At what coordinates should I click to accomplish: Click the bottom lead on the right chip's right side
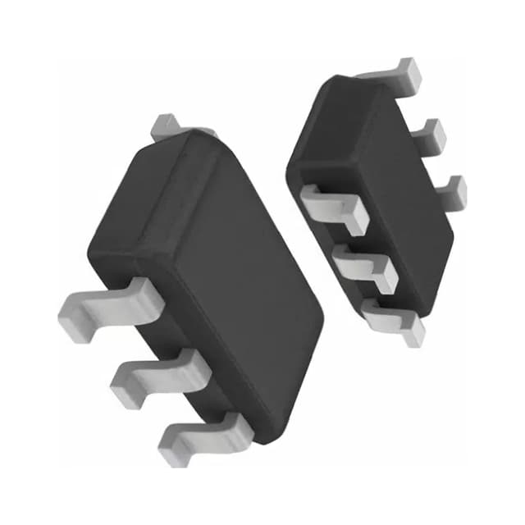point(451,193)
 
